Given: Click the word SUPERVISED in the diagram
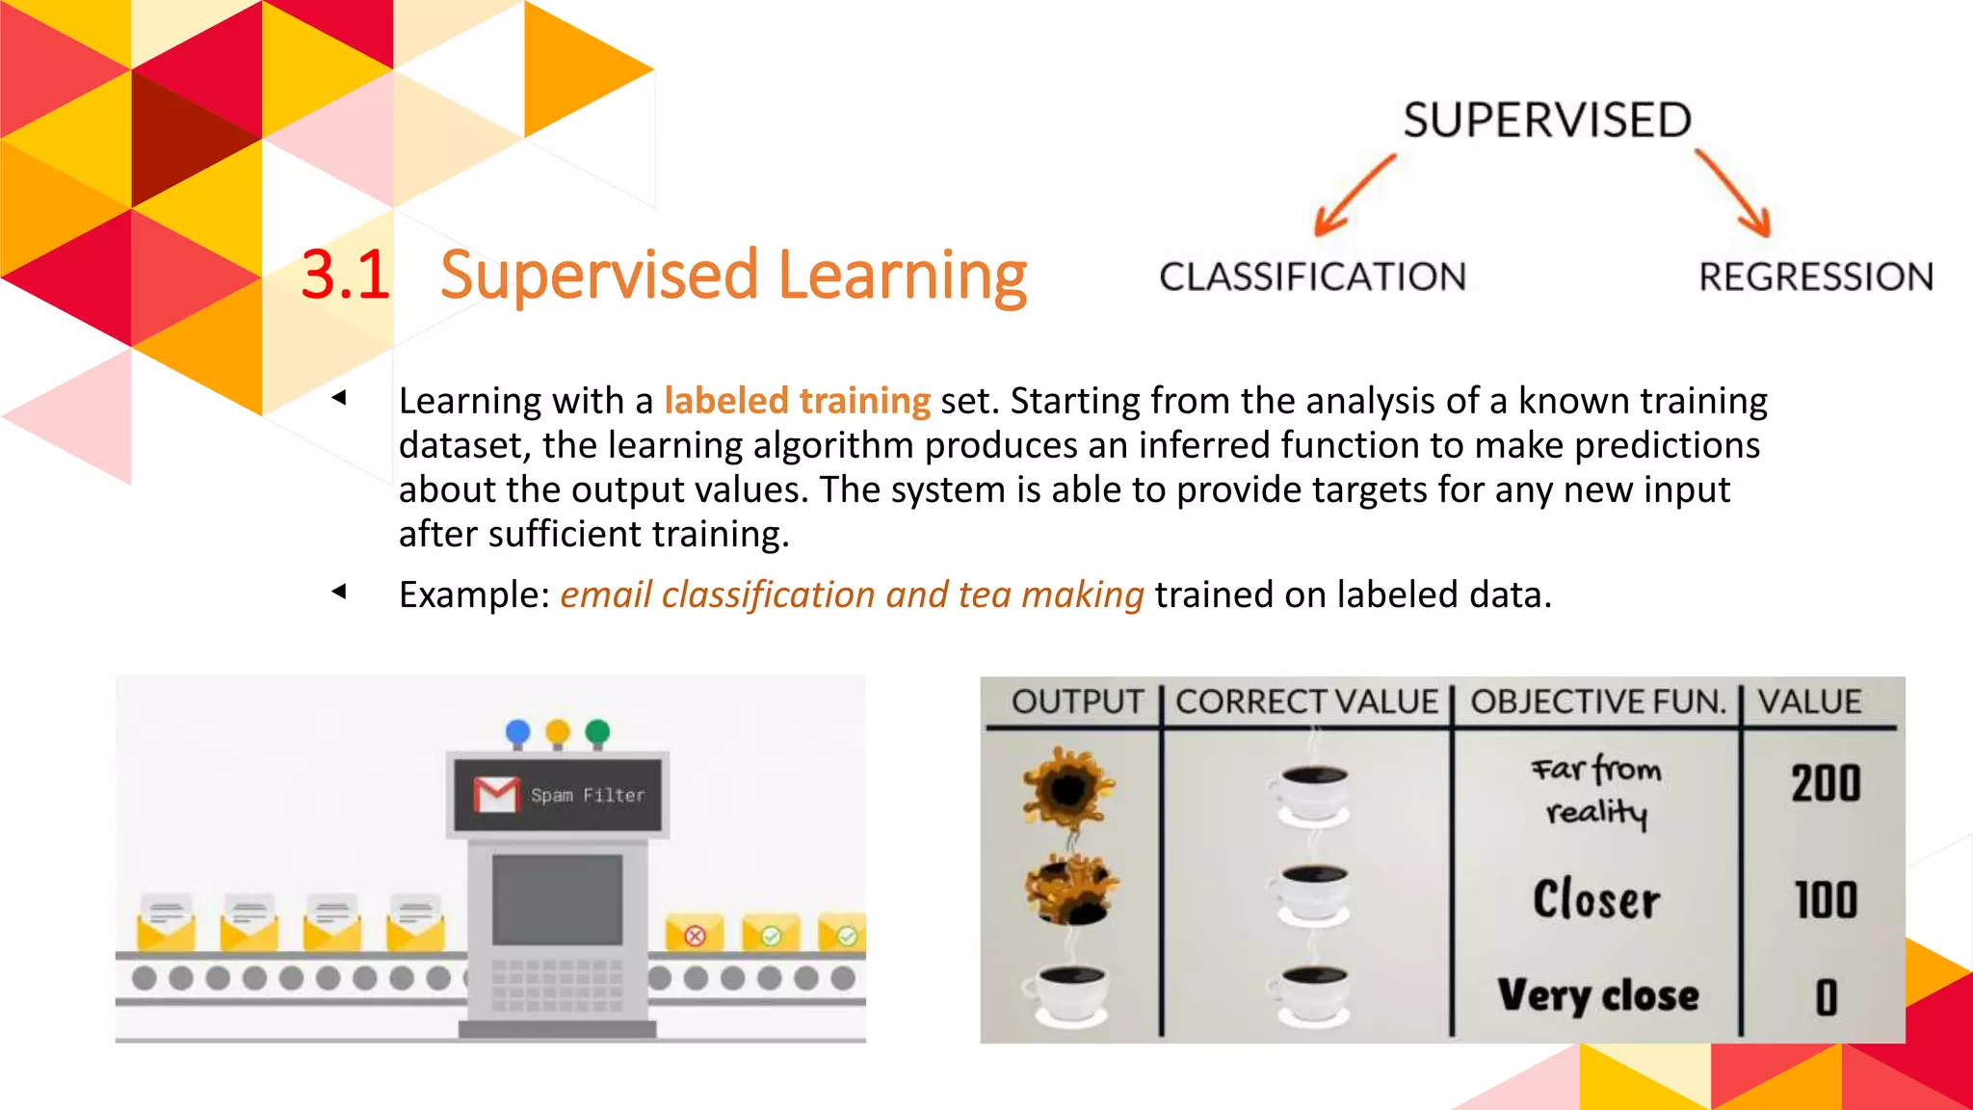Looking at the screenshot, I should click(x=1546, y=120).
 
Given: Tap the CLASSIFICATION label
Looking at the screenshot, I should click(x=1312, y=277).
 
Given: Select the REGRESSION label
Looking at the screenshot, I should click(x=1816, y=277).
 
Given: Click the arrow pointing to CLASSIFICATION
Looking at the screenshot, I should click(x=1353, y=197).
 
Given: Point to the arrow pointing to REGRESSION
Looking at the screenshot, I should click(x=1734, y=194).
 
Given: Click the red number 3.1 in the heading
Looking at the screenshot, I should click(x=345, y=276).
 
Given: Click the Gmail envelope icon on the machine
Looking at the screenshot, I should click(x=497, y=795).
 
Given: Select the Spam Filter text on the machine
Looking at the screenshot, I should click(x=588, y=796).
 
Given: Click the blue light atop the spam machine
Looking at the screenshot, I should click(x=517, y=732).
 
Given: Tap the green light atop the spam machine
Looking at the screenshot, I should click(x=597, y=732).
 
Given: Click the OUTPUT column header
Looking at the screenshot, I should click(x=1077, y=701).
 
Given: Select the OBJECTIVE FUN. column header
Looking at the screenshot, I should click(x=1597, y=701).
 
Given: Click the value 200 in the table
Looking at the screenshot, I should click(x=1826, y=783).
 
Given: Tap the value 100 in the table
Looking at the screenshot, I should click(x=1826, y=901).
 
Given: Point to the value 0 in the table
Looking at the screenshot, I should click(x=1827, y=997).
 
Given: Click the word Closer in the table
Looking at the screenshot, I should click(x=1596, y=900).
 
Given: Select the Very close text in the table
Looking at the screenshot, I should click(x=1598, y=995).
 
